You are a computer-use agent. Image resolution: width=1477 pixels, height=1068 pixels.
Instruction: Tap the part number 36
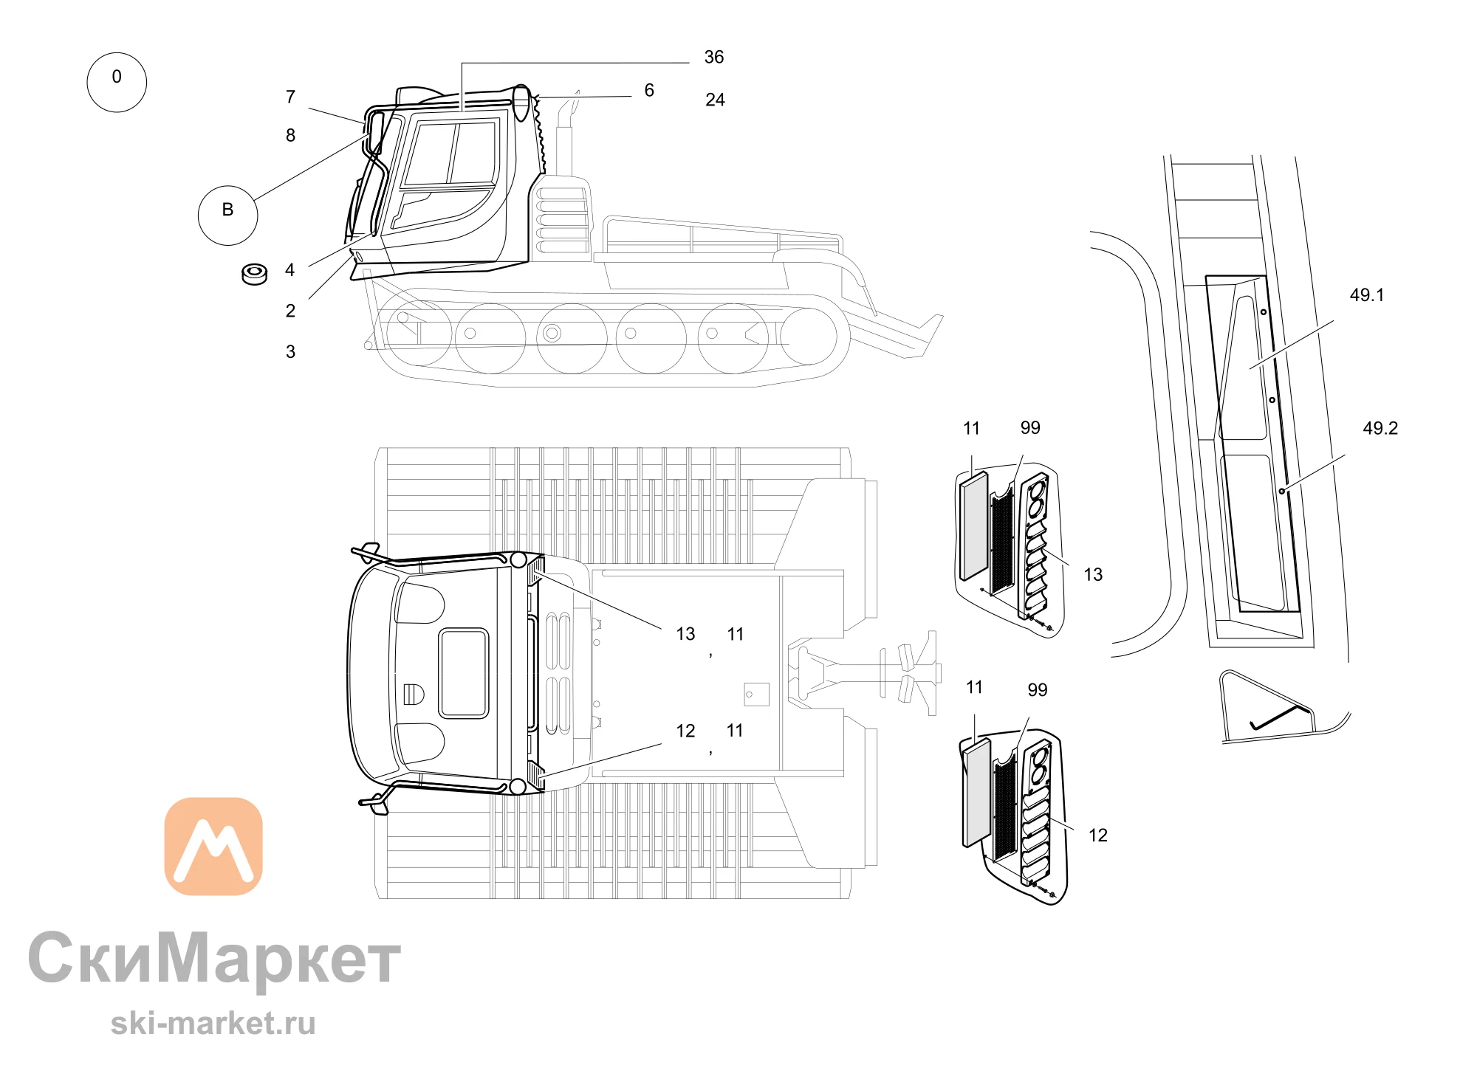point(714,57)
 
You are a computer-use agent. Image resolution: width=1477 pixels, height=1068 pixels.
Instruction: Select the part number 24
point(715,100)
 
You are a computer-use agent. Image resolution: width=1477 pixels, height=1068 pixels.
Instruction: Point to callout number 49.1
point(1367,295)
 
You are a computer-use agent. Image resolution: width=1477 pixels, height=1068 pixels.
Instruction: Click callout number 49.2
point(1380,428)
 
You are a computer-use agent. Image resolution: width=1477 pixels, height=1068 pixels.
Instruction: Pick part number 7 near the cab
point(290,97)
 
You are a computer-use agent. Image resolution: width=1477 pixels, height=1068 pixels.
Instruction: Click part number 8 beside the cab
point(290,135)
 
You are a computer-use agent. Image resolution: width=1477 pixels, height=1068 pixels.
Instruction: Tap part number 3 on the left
point(290,352)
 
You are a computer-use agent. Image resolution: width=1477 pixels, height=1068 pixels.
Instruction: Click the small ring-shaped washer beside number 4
point(254,274)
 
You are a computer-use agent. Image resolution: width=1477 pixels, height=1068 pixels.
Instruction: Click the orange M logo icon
point(213,846)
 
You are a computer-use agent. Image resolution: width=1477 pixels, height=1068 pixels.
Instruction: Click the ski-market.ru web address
point(213,1024)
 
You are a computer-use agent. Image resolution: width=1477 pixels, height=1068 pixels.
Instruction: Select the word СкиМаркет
point(214,958)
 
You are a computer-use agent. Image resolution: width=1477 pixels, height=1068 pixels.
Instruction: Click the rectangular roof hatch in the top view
point(464,673)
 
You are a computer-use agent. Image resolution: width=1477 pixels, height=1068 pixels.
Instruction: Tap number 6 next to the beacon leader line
point(649,90)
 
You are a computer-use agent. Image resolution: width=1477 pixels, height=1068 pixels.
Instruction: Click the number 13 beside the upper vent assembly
point(1093,574)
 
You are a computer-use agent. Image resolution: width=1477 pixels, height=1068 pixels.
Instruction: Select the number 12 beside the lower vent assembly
point(1098,835)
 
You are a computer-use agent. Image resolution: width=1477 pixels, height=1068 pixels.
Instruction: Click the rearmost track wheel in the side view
point(809,337)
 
